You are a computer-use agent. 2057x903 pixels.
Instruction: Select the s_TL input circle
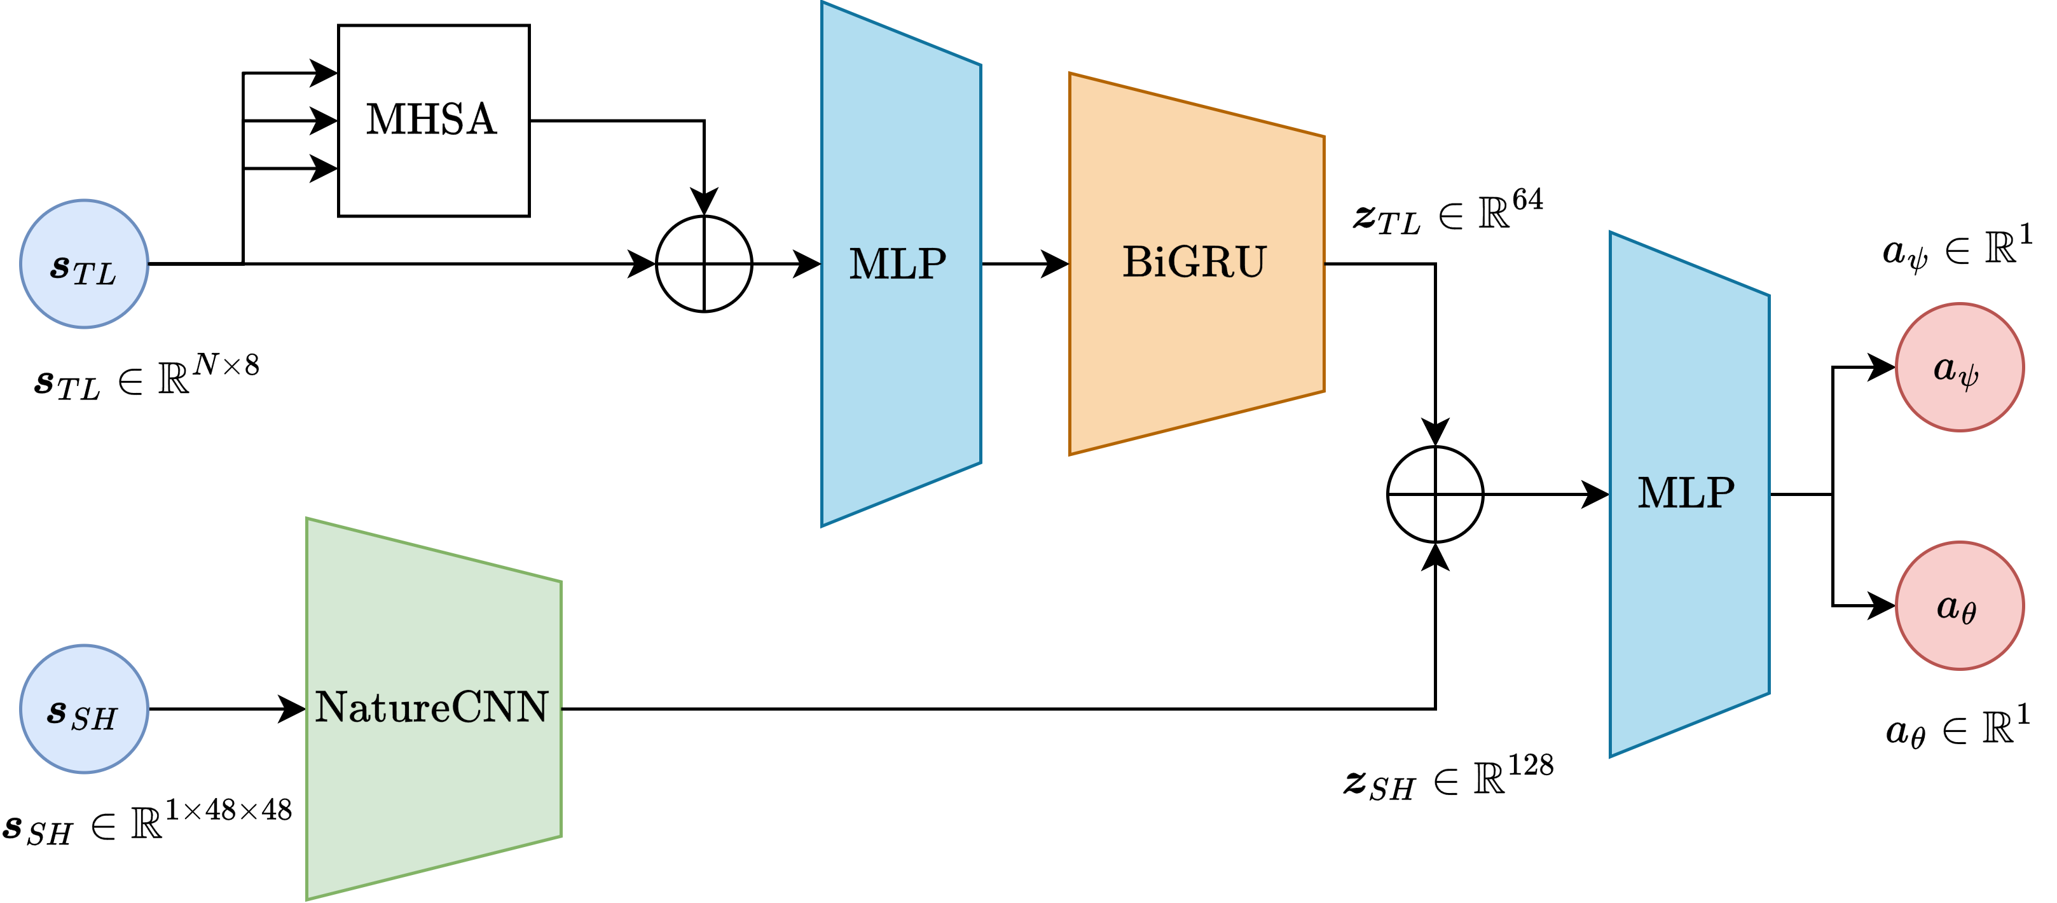84,263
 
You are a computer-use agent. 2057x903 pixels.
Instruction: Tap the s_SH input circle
84,709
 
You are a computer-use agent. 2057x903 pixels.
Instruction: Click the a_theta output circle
1959,605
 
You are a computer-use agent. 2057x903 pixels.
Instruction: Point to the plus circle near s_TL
703,263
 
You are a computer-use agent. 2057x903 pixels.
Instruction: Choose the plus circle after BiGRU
1435,494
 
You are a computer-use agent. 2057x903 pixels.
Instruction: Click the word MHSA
431,120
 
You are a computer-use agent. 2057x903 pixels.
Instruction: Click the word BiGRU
1194,262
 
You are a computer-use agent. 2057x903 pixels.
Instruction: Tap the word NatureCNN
431,707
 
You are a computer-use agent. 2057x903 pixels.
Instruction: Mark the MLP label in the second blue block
1686,493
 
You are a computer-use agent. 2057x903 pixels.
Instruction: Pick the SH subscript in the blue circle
94,720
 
